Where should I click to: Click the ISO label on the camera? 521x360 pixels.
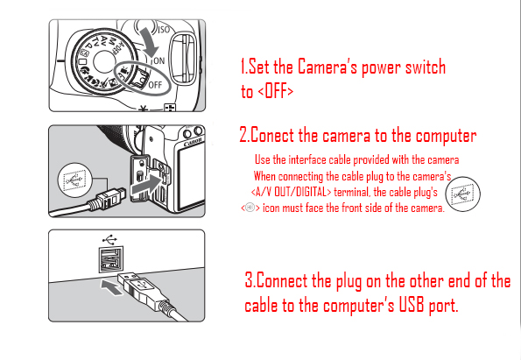click(x=164, y=31)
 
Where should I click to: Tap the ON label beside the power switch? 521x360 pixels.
click(x=158, y=60)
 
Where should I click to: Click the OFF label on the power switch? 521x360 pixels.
click(x=155, y=85)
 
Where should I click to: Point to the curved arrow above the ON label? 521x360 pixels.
click(x=149, y=42)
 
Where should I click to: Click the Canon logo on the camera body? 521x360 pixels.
click(x=193, y=142)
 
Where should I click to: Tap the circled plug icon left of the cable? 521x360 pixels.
click(x=74, y=180)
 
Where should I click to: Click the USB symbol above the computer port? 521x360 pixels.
click(x=109, y=239)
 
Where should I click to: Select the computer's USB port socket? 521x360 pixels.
click(x=110, y=259)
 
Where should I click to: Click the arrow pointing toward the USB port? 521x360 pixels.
click(x=112, y=287)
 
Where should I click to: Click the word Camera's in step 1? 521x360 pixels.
click(x=327, y=67)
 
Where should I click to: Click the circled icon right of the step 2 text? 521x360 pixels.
click(x=462, y=194)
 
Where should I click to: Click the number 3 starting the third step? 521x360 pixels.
click(x=249, y=279)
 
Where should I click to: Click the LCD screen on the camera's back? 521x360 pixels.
click(x=191, y=179)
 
